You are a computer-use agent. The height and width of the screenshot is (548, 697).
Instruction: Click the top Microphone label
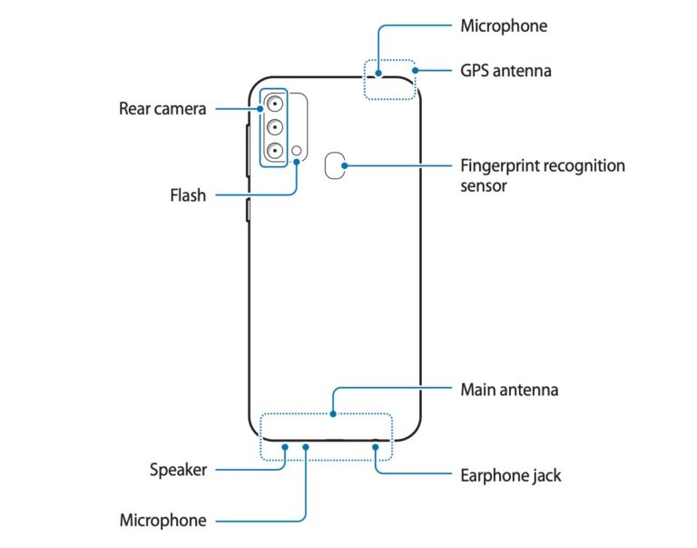click(x=504, y=25)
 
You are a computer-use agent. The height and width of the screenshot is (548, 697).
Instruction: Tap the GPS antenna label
click(x=506, y=70)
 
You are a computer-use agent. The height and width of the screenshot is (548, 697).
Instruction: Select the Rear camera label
click(x=162, y=109)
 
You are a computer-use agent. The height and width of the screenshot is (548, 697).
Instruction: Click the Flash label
click(x=188, y=194)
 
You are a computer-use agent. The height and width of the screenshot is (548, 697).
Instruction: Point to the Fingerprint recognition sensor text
click(x=543, y=175)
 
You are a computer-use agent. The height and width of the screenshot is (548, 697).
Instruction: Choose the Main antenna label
click(x=508, y=390)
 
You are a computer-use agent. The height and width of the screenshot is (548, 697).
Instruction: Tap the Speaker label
click(x=179, y=470)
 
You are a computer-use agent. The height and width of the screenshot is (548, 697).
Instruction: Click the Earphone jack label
click(x=511, y=474)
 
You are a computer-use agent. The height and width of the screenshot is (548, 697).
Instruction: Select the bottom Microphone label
click(x=163, y=521)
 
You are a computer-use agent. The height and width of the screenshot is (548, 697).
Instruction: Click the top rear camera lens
click(x=274, y=105)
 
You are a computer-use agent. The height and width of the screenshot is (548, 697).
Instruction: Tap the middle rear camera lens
click(x=274, y=127)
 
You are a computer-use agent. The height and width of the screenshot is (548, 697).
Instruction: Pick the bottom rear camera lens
click(x=274, y=150)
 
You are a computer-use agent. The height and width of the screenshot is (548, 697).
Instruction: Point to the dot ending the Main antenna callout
click(x=333, y=414)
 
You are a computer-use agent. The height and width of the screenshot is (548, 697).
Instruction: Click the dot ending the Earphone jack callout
click(x=374, y=446)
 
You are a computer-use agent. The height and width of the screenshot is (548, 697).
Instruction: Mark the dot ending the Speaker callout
click(x=284, y=446)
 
